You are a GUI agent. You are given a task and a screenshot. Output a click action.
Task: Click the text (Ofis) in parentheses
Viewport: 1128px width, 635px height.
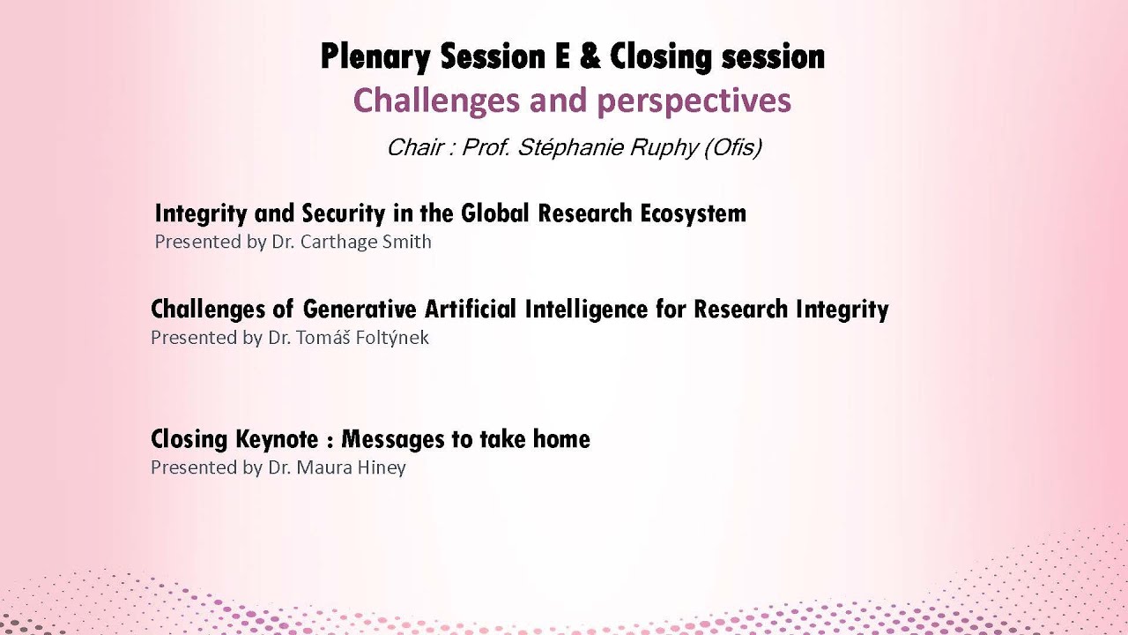[732, 147]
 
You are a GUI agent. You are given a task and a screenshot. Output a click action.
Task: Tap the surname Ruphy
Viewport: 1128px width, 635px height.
[665, 147]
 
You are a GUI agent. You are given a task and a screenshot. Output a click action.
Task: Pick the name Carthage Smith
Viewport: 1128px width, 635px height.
[366, 242]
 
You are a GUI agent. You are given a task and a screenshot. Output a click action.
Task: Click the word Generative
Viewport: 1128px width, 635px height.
[360, 310]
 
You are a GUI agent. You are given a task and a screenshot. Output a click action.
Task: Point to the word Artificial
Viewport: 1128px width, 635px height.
[471, 310]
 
